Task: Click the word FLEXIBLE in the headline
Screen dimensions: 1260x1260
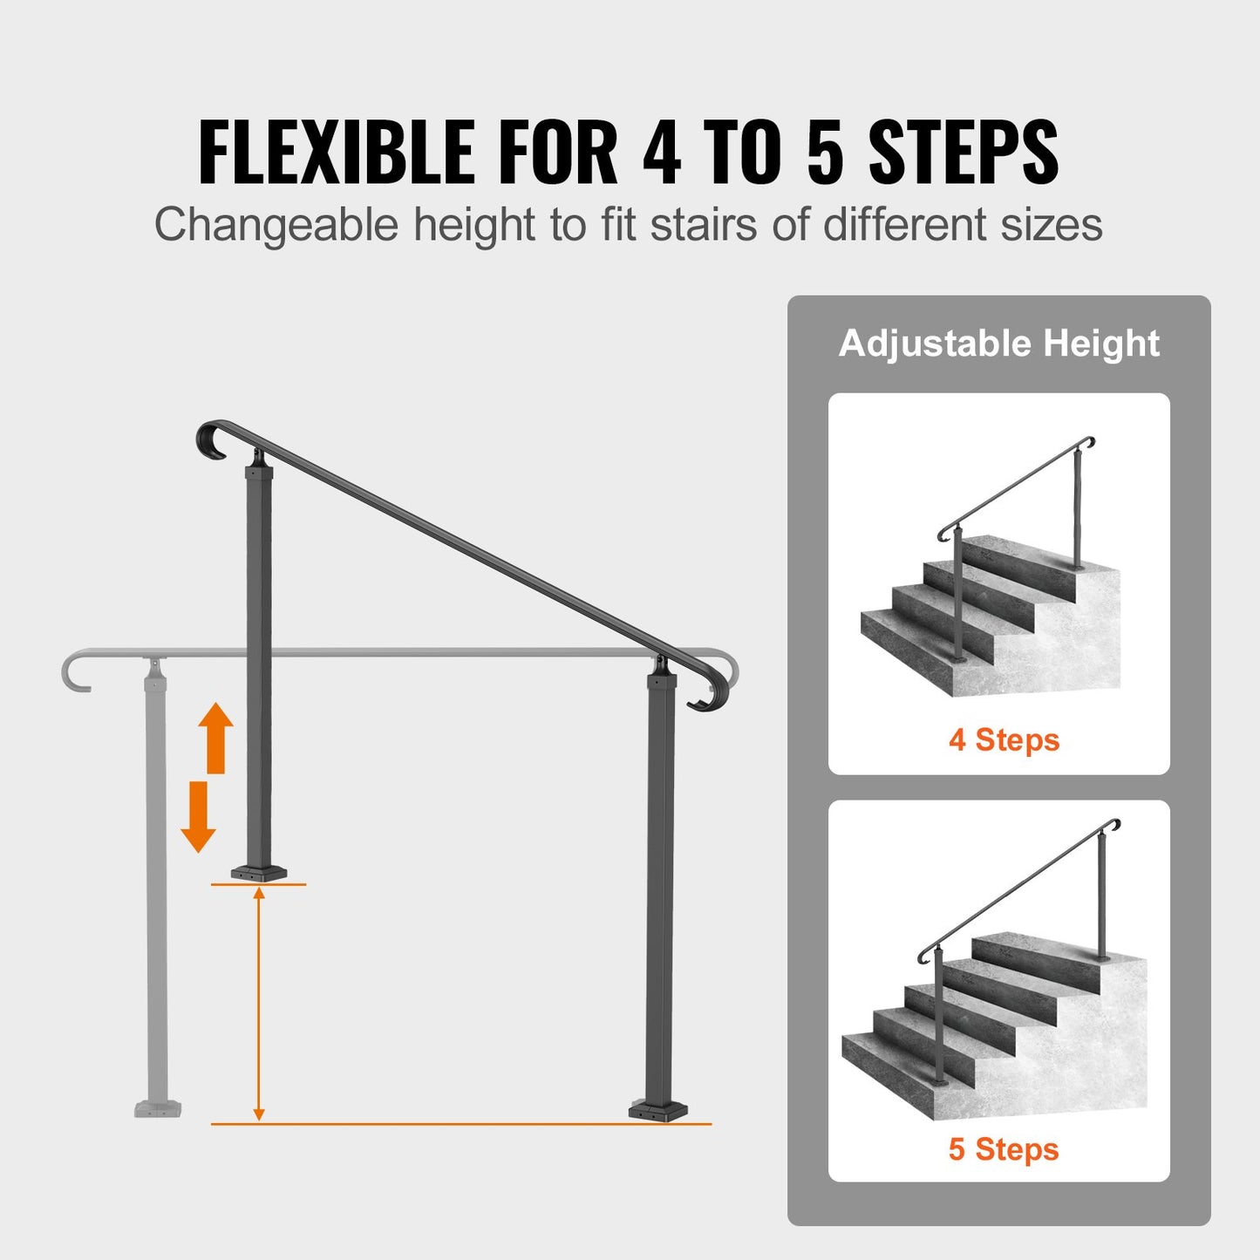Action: [x=337, y=152]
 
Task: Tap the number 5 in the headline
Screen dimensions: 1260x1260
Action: [x=825, y=152]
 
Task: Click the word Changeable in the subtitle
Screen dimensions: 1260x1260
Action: [x=276, y=225]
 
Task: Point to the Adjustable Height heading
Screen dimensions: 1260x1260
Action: [x=998, y=343]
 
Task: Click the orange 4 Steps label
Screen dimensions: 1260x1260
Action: [x=1004, y=739]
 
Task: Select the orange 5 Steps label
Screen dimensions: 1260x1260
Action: [x=1004, y=1148]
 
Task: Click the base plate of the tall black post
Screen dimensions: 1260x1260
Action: [x=658, y=1110]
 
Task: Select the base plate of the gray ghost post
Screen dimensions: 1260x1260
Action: [x=158, y=1108]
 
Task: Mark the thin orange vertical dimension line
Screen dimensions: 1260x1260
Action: [x=258, y=1003]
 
